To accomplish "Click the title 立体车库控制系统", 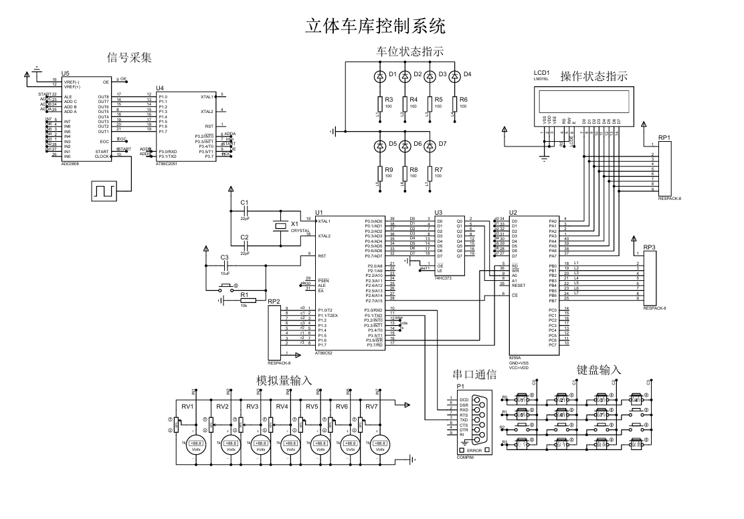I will tap(375, 26).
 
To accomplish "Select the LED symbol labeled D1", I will tap(380, 76).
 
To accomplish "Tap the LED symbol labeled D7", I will tap(430, 144).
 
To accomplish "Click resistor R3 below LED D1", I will tap(380, 102).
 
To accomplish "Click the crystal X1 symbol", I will tap(280, 225).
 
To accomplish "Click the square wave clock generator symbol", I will tap(104, 191).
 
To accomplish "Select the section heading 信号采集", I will tap(130, 58).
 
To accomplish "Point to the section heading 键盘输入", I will tap(599, 370).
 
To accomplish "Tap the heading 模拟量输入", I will tap(285, 381).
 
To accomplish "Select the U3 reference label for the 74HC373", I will tap(438, 212).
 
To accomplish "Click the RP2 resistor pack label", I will tap(273, 302).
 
